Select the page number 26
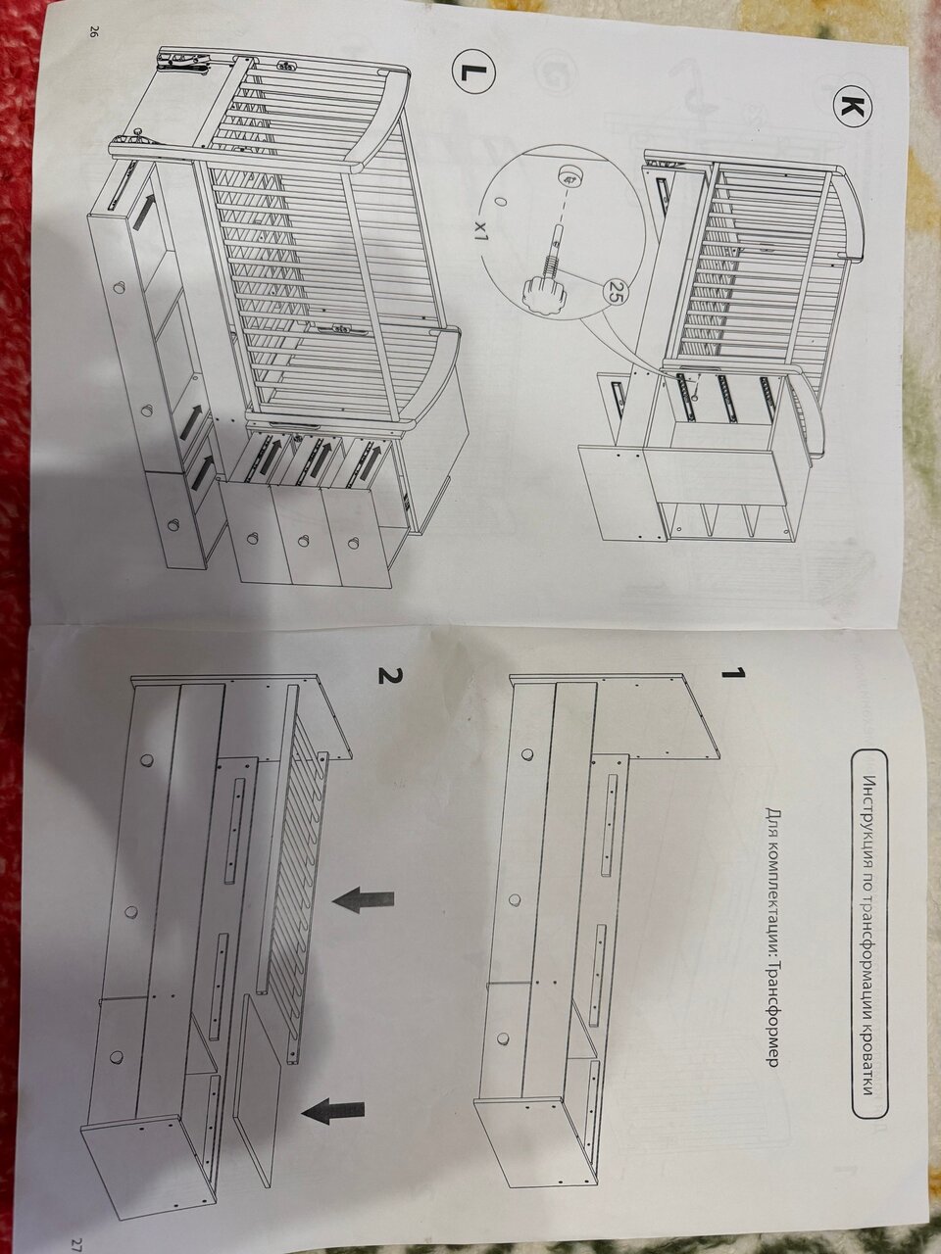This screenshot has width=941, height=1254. pos(90,31)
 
